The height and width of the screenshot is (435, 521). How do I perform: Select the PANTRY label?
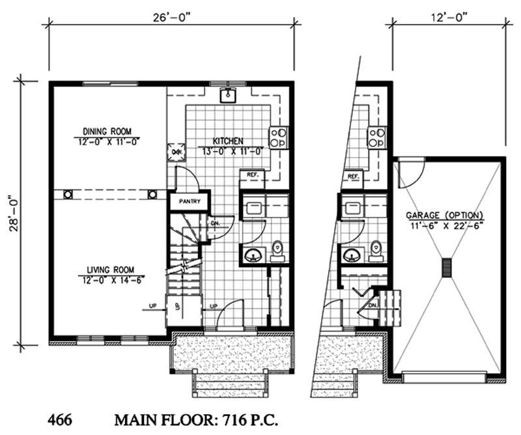tap(190, 202)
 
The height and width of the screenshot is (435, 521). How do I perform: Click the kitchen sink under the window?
tap(227, 96)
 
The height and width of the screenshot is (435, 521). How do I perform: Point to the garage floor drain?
tap(447, 268)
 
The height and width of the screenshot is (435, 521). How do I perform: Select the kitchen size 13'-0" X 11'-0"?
tap(227, 151)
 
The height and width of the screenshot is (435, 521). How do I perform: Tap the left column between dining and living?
tap(68, 194)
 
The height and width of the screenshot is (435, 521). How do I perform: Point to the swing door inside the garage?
tap(408, 171)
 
